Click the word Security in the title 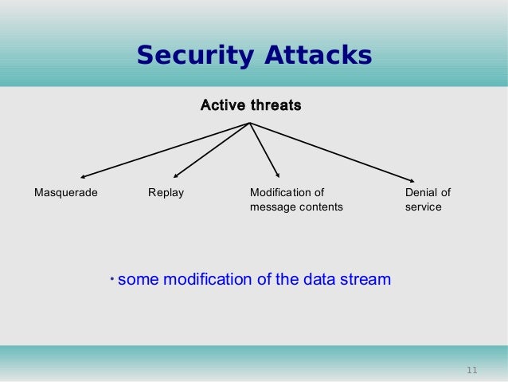pos(186,56)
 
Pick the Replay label pos(166,193)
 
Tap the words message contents pos(296,207)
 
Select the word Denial pos(420,193)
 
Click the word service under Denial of pos(423,207)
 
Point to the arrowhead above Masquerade pos(82,176)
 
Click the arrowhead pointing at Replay pos(175,175)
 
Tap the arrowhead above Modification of pos(278,175)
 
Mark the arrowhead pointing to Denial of pos(412,179)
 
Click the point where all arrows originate pos(250,123)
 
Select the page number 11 pos(471,370)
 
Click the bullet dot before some pos(112,278)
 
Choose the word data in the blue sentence pos(318,280)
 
